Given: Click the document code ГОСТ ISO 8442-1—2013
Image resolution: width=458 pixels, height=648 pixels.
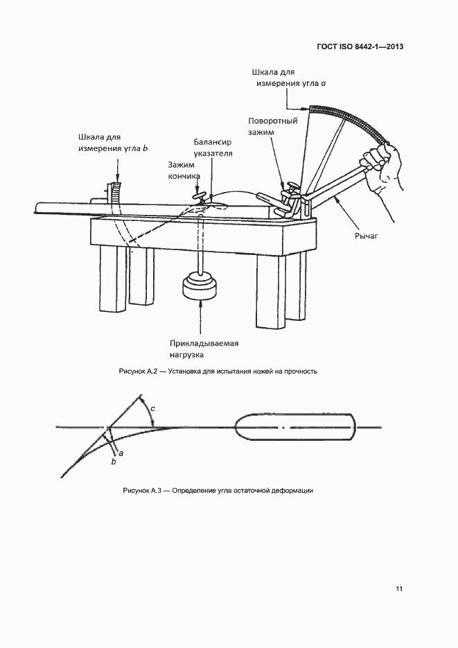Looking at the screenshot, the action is [360, 46].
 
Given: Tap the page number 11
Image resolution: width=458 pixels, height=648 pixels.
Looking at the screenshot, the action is [398, 588].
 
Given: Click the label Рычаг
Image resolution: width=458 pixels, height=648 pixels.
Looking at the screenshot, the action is [367, 236].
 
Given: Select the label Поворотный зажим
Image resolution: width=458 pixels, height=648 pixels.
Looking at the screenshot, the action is [272, 126].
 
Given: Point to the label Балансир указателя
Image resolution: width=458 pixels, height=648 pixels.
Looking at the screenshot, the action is [213, 148].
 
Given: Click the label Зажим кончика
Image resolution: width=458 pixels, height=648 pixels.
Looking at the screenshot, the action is [184, 170].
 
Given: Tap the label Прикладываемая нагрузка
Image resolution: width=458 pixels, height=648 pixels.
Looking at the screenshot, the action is [204, 349].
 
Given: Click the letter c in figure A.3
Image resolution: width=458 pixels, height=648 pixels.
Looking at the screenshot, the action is [152, 408].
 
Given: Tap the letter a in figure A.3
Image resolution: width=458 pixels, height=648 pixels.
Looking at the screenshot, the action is [121, 453].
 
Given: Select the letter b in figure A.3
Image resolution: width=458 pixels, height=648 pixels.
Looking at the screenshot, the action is [114, 462].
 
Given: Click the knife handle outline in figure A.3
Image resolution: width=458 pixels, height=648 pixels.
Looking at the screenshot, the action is [295, 428].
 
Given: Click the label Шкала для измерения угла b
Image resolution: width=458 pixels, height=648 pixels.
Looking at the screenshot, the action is [113, 143].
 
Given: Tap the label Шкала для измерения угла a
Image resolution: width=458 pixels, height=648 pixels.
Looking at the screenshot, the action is [289, 78].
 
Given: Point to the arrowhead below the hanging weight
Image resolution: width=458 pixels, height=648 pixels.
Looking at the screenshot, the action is [201, 304].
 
